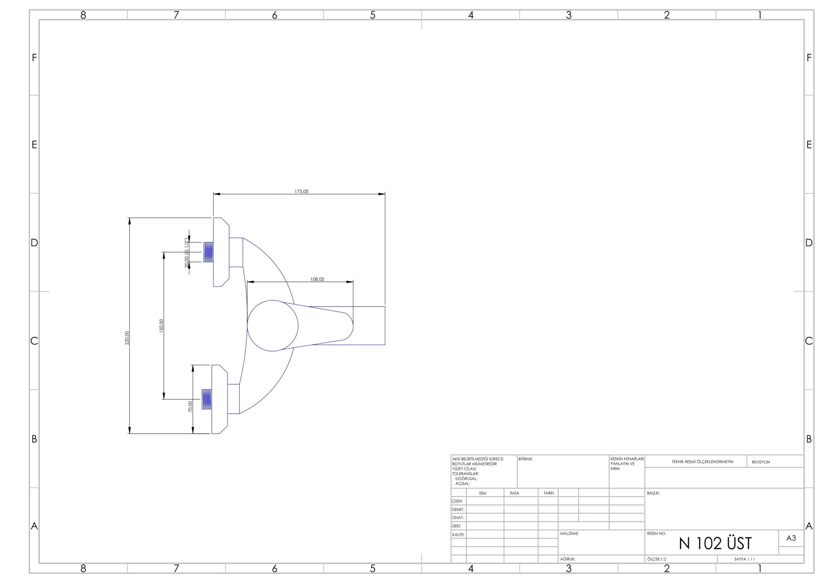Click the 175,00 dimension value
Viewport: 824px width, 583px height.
302,191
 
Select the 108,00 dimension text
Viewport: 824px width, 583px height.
317,279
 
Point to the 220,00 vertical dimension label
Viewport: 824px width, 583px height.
127,338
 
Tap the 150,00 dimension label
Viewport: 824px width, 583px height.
162,326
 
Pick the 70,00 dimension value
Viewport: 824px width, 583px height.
190,406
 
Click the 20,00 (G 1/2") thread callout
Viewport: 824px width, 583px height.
187,253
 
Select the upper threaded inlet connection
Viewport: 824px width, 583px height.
209,252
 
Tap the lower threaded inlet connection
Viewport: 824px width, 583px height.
207,399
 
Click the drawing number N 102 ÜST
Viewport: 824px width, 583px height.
715,543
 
